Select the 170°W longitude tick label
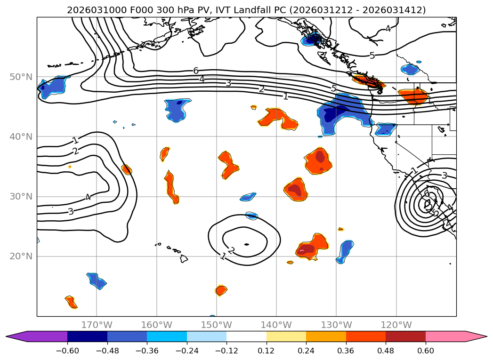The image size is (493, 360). pyautogui.click(x=97, y=325)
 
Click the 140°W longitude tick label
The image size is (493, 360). pyautogui.click(x=276, y=325)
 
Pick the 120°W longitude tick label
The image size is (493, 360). pyautogui.click(x=396, y=325)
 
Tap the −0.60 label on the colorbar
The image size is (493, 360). pyautogui.click(x=67, y=351)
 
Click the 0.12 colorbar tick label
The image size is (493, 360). pyautogui.click(x=267, y=351)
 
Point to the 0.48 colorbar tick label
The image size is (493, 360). pyautogui.click(x=386, y=351)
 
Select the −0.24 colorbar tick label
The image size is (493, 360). pyautogui.click(x=187, y=351)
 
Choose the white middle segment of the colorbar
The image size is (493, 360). pyautogui.click(x=246, y=336)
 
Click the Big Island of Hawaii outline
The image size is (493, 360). pyautogui.click(x=184, y=258)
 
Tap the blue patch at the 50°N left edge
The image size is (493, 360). pyautogui.click(x=52, y=87)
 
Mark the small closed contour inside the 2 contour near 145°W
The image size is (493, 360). pyautogui.click(x=246, y=244)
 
